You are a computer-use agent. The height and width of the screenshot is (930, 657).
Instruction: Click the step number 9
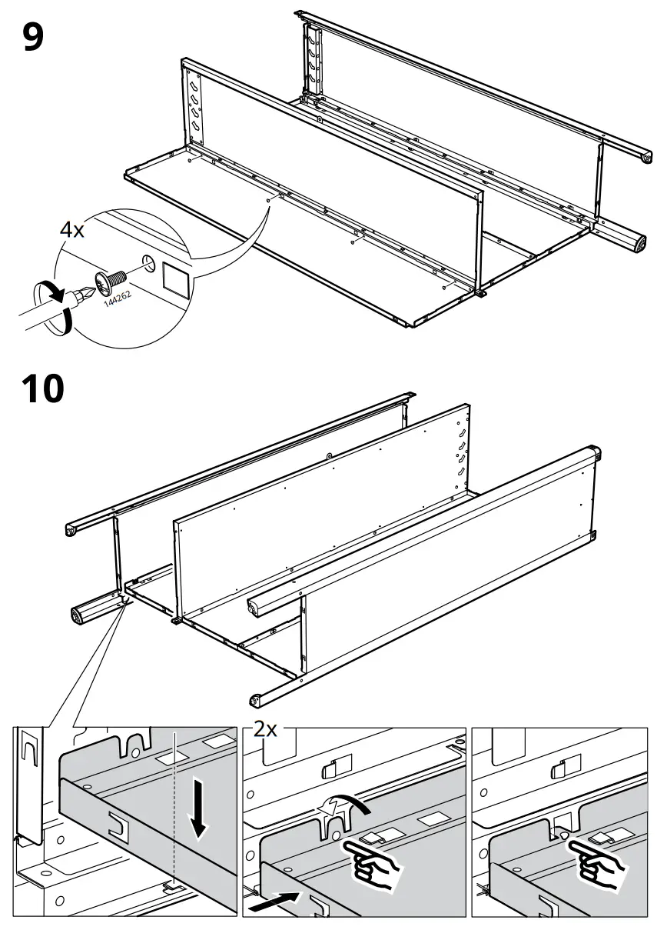(33, 36)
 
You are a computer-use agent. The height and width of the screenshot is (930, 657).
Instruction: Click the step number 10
(43, 389)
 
